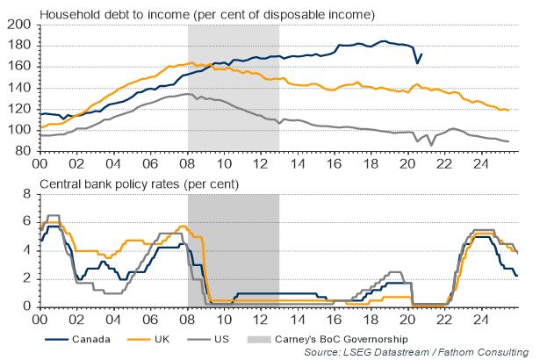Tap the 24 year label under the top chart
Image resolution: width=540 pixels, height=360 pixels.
point(484,162)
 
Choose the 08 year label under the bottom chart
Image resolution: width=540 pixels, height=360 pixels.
point(187,318)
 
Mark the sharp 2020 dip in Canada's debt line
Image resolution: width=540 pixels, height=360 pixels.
point(416,63)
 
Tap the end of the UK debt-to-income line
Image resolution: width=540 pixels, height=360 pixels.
point(508,110)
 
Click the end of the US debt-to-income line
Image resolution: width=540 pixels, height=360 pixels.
point(508,141)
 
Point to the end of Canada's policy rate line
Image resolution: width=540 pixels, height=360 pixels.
point(517,276)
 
